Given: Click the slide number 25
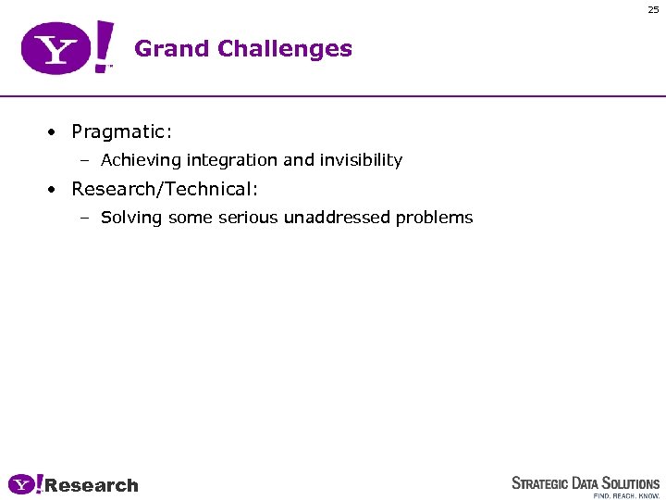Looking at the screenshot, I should coord(653,10).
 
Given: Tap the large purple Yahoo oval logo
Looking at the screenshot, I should coord(56,49).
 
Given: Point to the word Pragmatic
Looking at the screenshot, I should coord(121,131).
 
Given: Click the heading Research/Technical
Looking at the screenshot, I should coord(165,189).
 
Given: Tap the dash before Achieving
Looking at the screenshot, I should coord(84,161).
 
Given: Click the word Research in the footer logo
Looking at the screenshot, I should coord(92,485).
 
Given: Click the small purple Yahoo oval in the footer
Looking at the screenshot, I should coord(21,484).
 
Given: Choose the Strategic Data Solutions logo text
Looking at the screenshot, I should coord(586,483).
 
